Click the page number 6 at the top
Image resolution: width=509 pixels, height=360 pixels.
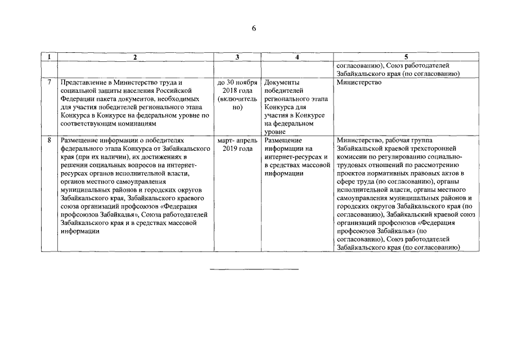pyautogui.click(x=254, y=29)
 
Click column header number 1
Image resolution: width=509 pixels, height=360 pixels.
pyautogui.click(x=49, y=57)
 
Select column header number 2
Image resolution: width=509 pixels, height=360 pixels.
pyautogui.click(x=136, y=57)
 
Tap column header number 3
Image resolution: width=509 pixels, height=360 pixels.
pyautogui.click(x=237, y=57)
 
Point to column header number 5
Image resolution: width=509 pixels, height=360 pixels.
pyautogui.click(x=407, y=57)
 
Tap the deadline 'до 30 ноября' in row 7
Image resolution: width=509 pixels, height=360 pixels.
pyautogui.click(x=237, y=82)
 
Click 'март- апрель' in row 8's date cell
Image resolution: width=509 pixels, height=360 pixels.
pyautogui.click(x=237, y=139)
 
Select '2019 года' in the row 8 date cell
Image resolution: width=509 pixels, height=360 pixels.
pyautogui.click(x=237, y=148)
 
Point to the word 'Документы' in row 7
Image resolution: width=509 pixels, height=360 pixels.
pyautogui.click(x=282, y=82)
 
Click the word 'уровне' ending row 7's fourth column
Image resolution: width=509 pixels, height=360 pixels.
pyautogui.click(x=275, y=130)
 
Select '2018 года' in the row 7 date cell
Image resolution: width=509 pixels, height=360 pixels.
pyautogui.click(x=237, y=91)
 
